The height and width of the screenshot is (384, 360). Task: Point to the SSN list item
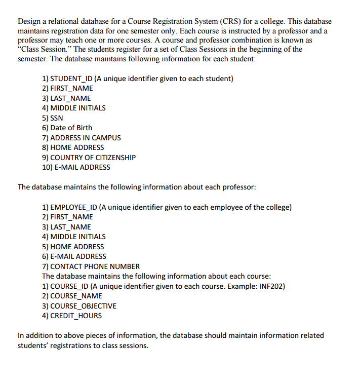coord(57,118)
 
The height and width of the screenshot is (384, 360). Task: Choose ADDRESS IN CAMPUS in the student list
coord(86,137)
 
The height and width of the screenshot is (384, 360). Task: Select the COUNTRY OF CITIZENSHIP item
coord(93,157)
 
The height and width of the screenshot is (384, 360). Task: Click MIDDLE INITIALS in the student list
coord(78,108)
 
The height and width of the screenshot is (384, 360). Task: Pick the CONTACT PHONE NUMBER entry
coord(95,266)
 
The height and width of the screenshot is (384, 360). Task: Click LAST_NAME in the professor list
coord(70,226)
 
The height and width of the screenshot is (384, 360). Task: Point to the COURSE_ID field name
coord(70,286)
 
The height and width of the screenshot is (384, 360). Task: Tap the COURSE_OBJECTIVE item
coord(83,305)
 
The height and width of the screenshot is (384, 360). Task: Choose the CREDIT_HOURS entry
coord(76,316)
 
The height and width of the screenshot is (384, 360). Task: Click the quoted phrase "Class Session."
coord(43,49)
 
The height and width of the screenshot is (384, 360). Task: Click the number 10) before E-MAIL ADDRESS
coord(48,167)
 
